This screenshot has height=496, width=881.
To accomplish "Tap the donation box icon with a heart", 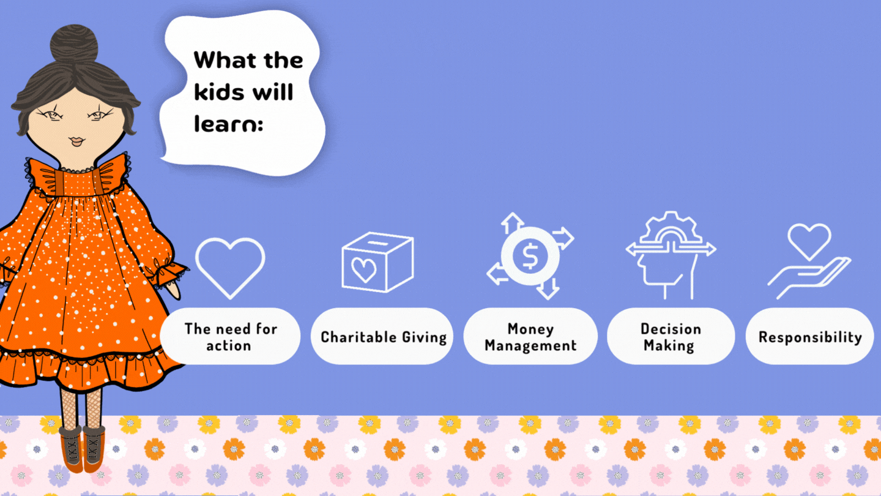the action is point(377,262).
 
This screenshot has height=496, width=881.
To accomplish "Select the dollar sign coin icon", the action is point(530,256).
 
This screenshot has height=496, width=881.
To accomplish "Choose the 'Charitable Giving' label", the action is point(384,337).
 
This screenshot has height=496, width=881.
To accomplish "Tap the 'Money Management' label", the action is point(530,337).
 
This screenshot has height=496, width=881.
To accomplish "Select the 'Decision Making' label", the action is point(671,337).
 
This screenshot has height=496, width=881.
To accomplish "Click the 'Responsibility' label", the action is point(810,337).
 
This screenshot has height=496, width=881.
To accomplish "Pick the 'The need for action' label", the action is point(231,337).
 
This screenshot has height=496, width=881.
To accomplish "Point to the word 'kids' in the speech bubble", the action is point(219,92).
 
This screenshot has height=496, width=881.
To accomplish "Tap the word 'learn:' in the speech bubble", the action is point(229,124).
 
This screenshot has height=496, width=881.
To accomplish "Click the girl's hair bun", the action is point(75,44).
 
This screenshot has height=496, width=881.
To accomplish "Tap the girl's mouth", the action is point(76,141).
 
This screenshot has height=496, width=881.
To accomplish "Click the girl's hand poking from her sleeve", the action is point(173,290).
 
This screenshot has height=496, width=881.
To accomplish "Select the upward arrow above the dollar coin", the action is point(512,223).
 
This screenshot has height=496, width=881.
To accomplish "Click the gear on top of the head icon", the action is point(671,227).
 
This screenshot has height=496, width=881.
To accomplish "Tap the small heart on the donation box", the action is point(364,269).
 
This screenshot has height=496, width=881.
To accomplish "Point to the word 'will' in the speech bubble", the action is point(273,92).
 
